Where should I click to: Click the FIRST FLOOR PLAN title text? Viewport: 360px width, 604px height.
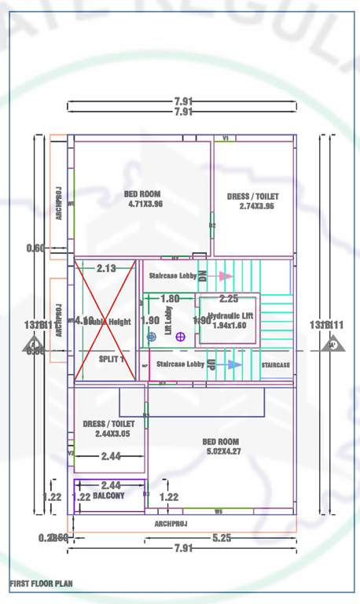click(x=41, y=584)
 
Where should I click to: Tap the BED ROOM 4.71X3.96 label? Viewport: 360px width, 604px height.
click(x=143, y=199)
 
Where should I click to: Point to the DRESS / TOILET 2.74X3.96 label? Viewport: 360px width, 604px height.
click(x=252, y=201)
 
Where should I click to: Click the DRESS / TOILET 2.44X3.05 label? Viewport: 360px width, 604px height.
click(x=108, y=429)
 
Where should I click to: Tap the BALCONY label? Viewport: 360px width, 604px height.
click(x=108, y=496)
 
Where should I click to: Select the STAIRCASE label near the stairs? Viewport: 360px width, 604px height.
click(x=275, y=366)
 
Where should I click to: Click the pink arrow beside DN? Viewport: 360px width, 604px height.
click(x=226, y=276)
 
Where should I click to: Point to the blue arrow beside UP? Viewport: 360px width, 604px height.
click(x=233, y=365)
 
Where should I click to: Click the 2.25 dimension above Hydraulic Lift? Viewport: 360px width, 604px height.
click(x=229, y=299)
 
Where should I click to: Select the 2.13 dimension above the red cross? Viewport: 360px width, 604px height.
click(x=106, y=269)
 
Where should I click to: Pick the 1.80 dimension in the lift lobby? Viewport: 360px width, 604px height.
click(x=170, y=299)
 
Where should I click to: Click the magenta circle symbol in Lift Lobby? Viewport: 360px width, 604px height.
click(x=180, y=337)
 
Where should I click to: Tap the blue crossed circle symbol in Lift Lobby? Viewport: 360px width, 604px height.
click(x=152, y=337)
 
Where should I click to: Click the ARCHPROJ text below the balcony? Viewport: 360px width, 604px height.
click(x=171, y=523)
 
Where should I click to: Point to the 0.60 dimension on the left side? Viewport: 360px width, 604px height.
click(x=35, y=249)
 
